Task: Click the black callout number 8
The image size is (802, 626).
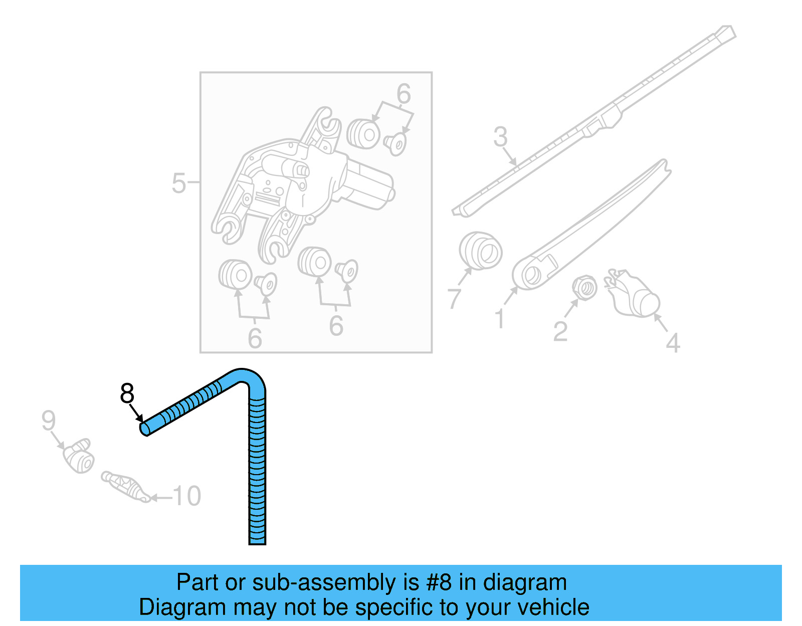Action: pos(127,393)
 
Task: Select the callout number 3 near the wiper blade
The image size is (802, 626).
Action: pos(500,137)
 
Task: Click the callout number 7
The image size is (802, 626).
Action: pos(454,298)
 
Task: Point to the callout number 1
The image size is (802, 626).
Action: pos(500,319)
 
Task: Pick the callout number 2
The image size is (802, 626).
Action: pos(560,331)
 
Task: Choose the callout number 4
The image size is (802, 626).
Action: pos(673,343)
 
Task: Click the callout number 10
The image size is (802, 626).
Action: pos(187,496)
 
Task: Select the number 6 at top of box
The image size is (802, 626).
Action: pos(404,94)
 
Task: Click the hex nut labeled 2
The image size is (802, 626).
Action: pos(584,288)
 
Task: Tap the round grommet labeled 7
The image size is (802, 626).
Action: pos(481,251)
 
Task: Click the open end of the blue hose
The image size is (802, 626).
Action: pos(144,429)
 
